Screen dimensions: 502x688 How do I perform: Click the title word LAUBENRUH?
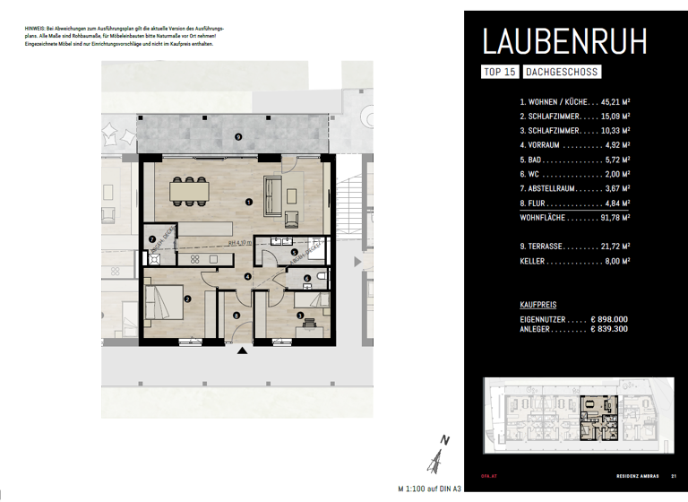pyautogui.click(x=563, y=43)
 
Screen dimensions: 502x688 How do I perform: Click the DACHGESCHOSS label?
pyautogui.click(x=561, y=73)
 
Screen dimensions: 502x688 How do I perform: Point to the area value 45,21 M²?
pyautogui.click(x=609, y=103)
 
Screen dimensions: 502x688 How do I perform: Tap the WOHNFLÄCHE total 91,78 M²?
pyautogui.click(x=610, y=216)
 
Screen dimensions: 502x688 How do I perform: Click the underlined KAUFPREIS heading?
pyautogui.click(x=537, y=305)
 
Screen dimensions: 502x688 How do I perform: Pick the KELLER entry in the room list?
pyautogui.click(x=535, y=261)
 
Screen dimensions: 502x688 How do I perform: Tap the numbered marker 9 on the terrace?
pyautogui.click(x=238, y=136)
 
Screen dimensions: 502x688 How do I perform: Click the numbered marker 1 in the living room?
pyautogui.click(x=247, y=203)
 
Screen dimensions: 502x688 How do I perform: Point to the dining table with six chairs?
pyautogui.click(x=190, y=190)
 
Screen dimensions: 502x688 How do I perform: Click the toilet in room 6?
pyautogui.click(x=322, y=279)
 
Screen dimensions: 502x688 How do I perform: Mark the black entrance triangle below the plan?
pyautogui.click(x=241, y=351)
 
